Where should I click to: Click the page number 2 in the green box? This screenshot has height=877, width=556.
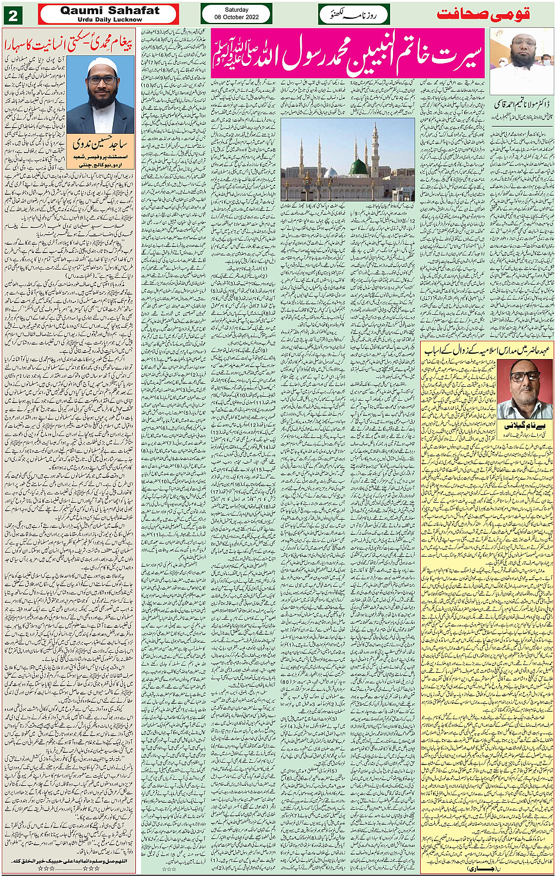point(12,15)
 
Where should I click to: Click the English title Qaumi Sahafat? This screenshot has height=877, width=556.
point(109,10)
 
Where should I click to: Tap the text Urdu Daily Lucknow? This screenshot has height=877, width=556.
point(109,19)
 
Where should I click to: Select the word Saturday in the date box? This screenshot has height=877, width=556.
point(236,10)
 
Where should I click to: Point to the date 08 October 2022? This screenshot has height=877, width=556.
point(236,18)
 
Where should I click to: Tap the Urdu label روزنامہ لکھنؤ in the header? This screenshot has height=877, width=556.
point(353,14)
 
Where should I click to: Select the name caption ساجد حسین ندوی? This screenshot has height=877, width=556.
point(100,143)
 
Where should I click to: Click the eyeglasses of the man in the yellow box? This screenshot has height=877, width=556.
point(519,377)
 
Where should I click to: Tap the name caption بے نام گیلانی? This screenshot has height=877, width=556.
point(518,425)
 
